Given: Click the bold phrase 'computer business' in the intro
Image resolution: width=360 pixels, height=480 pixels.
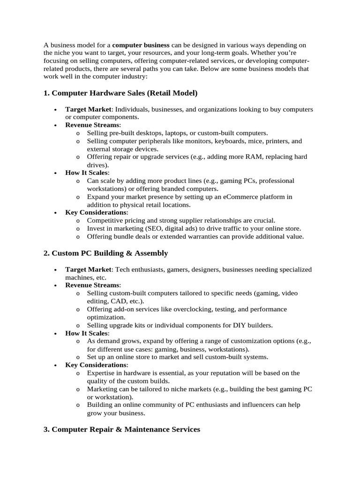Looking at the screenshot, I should point(141,45).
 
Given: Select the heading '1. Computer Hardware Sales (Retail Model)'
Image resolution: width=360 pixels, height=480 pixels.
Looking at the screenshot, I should point(120,93).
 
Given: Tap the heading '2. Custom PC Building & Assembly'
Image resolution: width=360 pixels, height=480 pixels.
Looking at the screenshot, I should point(105,253).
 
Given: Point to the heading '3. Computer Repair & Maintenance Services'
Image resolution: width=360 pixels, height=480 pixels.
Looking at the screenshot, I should point(122,429).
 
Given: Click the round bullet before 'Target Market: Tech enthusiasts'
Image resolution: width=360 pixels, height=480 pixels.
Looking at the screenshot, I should point(55,270).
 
